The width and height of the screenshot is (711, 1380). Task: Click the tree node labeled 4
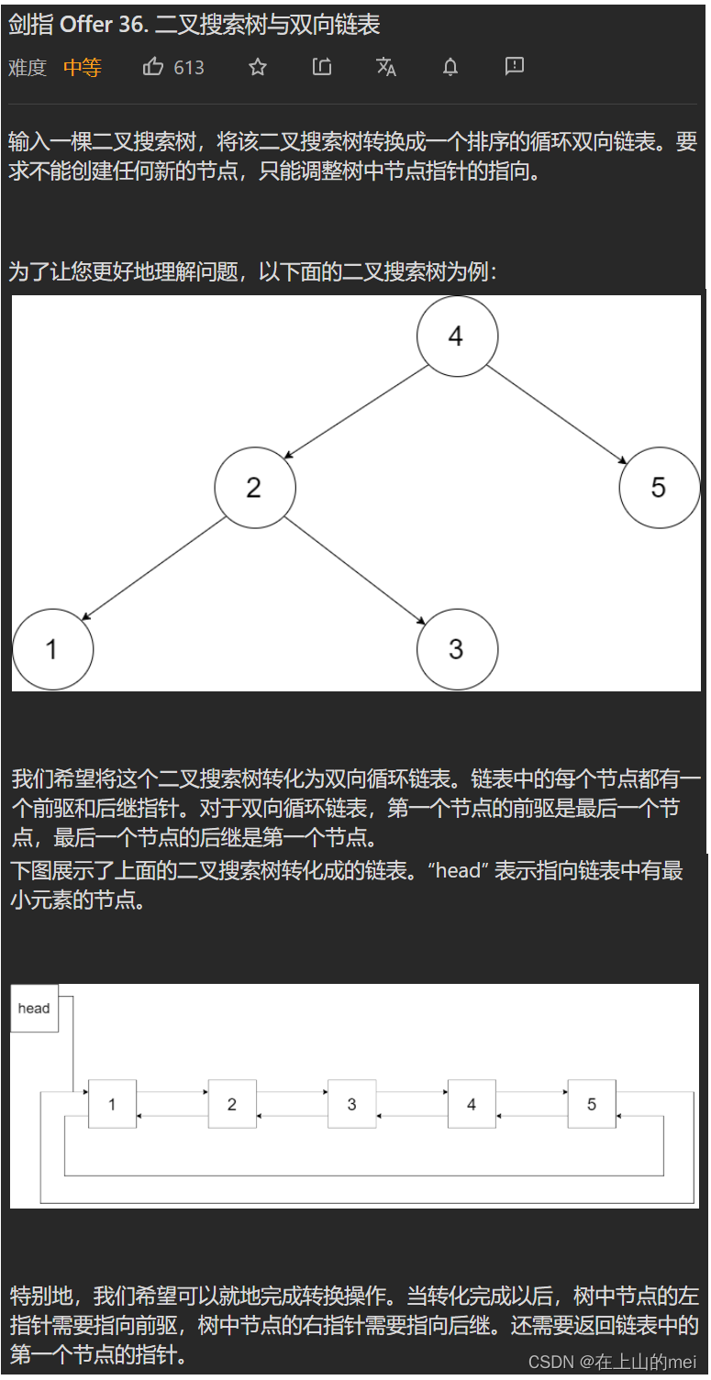pyautogui.click(x=457, y=337)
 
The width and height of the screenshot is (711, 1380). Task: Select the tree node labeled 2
pyautogui.click(x=255, y=487)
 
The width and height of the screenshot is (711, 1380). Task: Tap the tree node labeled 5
pyautogui.click(x=660, y=487)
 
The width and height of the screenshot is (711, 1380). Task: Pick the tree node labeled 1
pyautogui.click(x=53, y=649)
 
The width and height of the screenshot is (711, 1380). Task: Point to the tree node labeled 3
pyautogui.click(x=457, y=649)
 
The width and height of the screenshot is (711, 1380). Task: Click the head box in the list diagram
pyautogui.click(x=35, y=1008)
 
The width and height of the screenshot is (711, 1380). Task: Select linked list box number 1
pyautogui.click(x=112, y=1103)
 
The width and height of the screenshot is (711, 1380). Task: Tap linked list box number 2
pyautogui.click(x=232, y=1103)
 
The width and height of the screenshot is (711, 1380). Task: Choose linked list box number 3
pyautogui.click(x=351, y=1103)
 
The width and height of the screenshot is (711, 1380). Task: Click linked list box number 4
pyautogui.click(x=472, y=1103)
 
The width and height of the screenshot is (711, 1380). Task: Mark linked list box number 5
pyautogui.click(x=592, y=1103)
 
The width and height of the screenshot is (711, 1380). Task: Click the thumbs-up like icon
pyautogui.click(x=153, y=66)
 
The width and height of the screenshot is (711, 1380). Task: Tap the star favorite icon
pyautogui.click(x=258, y=67)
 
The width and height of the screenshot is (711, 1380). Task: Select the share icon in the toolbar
pyautogui.click(x=322, y=66)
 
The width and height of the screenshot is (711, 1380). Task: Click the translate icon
pyautogui.click(x=386, y=67)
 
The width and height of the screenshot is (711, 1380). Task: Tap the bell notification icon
pyautogui.click(x=450, y=67)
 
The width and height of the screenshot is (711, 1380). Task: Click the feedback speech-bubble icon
pyautogui.click(x=515, y=66)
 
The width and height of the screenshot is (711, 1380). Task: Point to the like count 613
pyautogui.click(x=189, y=67)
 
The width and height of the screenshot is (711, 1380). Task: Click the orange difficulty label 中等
pyautogui.click(x=83, y=67)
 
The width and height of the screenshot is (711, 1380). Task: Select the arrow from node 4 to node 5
pyautogui.click(x=557, y=414)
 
